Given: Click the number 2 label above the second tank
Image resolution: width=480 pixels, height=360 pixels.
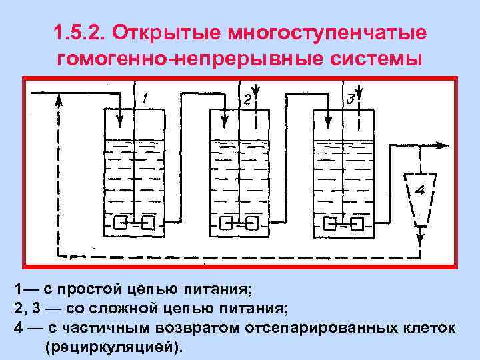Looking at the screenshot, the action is tap(247, 99).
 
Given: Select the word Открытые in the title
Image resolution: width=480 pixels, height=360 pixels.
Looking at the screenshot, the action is tap(168, 33).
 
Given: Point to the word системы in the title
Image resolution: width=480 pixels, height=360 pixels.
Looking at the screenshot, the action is tap(379, 59).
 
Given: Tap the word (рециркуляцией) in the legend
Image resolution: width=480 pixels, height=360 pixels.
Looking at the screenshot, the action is tap(113, 348).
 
